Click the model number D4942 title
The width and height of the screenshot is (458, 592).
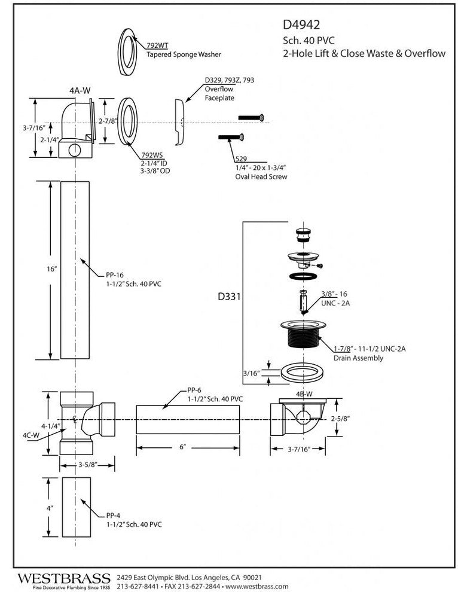tap(302, 25)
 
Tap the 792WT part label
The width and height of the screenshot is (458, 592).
tap(157, 45)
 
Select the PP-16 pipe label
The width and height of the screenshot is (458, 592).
tap(115, 275)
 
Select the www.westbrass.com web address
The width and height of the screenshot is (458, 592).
tap(257, 587)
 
